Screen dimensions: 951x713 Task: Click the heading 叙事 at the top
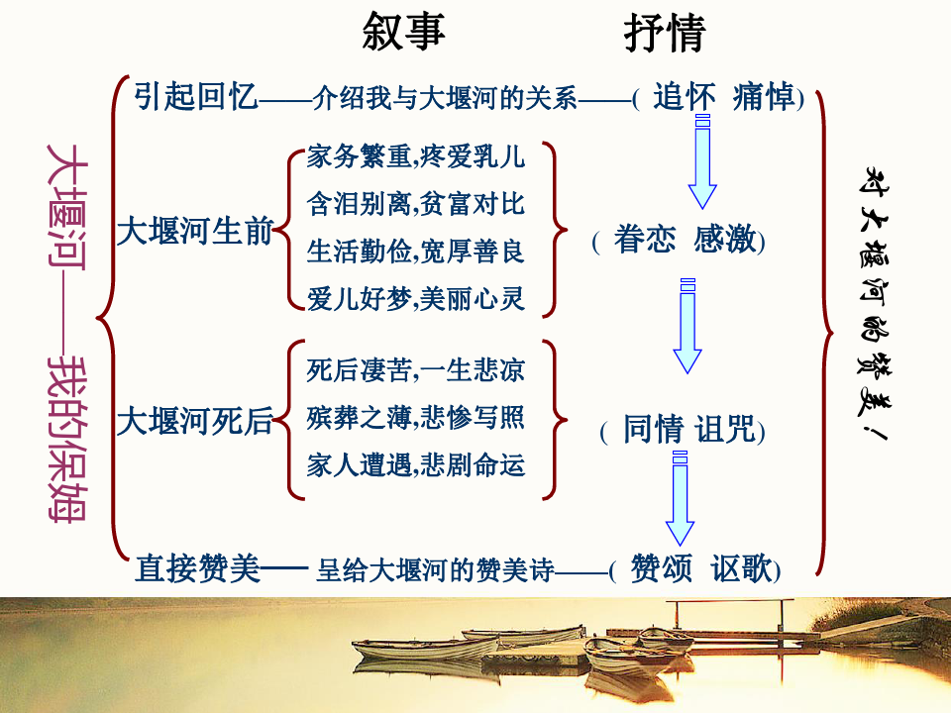point(404,32)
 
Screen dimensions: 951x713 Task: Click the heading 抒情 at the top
point(664,33)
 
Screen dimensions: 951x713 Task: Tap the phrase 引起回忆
point(196,97)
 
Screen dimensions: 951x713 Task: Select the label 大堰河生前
point(194,232)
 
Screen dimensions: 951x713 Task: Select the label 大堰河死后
point(194,423)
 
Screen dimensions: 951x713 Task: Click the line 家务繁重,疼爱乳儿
point(416,156)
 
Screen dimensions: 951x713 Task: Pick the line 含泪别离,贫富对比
point(416,204)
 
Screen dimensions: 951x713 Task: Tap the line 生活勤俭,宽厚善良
point(416,251)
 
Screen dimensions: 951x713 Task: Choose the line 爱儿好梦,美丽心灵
point(416,298)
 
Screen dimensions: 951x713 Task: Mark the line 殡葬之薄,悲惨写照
point(416,418)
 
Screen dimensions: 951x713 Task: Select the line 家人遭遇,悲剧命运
point(416,464)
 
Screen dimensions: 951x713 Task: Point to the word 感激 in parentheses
point(726,240)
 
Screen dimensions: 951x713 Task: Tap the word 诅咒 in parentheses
point(726,430)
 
